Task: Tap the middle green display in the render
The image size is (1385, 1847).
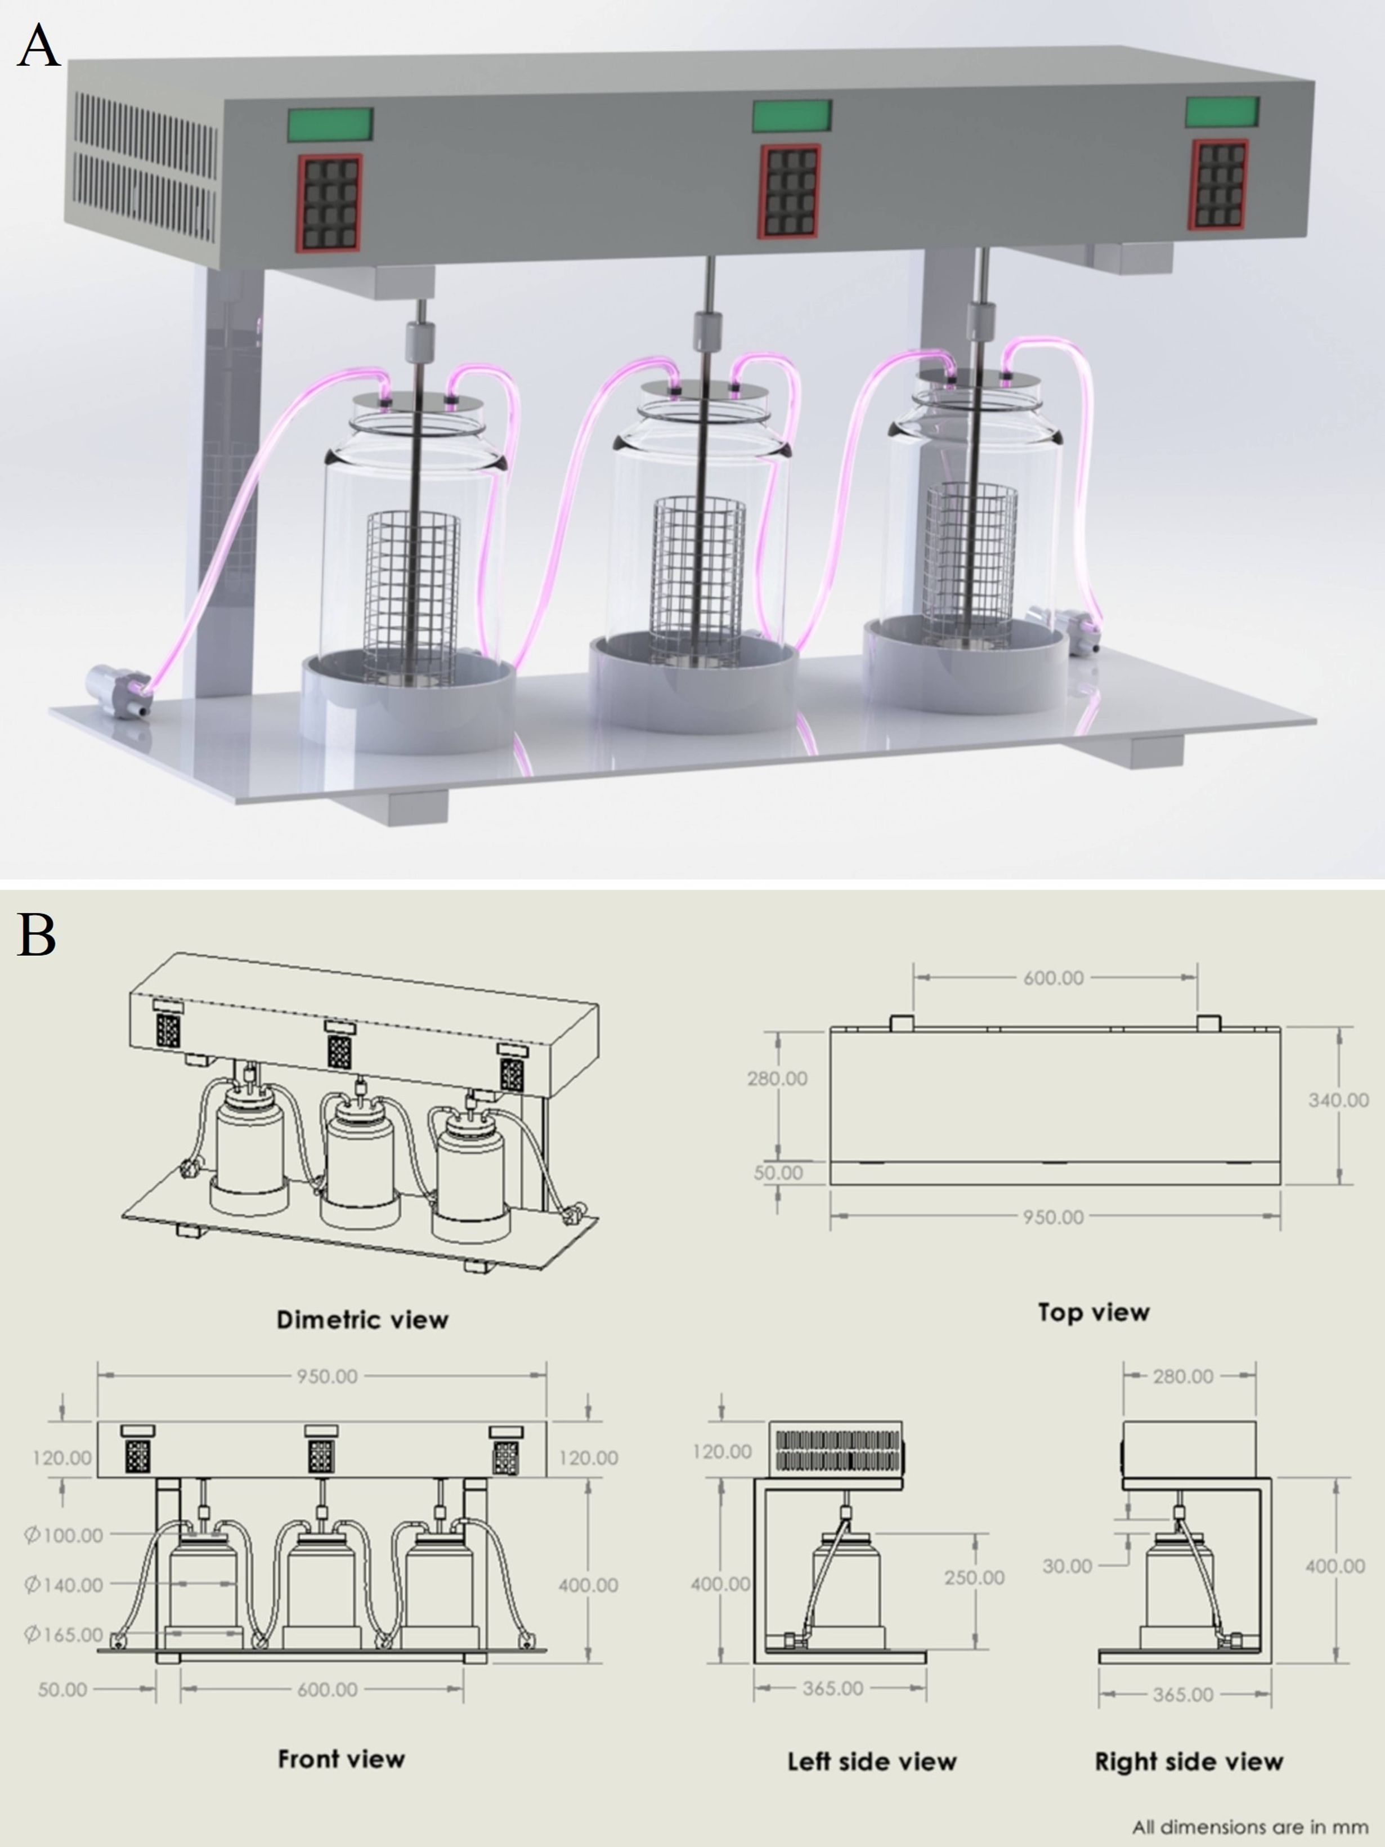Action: pos(791,115)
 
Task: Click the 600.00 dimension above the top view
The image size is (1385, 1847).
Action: pos(1054,978)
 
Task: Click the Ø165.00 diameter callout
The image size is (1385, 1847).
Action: pos(64,1634)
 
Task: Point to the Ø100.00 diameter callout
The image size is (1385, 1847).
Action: pos(64,1534)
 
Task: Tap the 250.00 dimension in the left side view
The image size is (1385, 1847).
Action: pos(974,1577)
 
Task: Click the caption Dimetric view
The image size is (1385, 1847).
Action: pos(362,1320)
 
